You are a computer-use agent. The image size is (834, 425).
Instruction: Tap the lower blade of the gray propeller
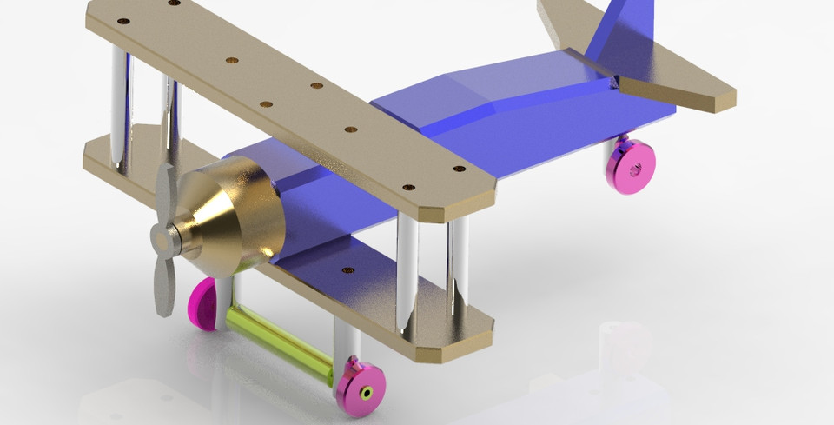(x=162, y=283)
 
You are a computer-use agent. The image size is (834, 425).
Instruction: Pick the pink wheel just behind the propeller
(x=204, y=303)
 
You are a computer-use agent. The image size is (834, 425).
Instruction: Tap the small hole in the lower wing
(x=348, y=270)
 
